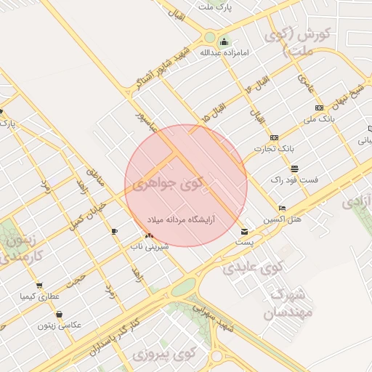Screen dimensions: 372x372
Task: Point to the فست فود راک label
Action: [288, 179]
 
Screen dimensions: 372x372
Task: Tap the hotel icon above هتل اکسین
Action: [282, 208]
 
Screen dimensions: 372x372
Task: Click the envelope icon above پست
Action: [243, 232]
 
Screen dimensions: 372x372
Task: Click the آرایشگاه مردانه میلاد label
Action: [183, 218]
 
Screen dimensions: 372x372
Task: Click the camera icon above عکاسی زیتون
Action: [58, 314]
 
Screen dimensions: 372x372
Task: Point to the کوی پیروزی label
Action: [165, 355]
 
